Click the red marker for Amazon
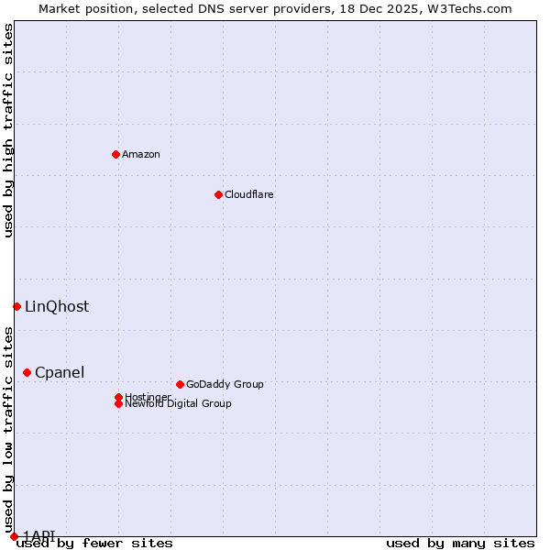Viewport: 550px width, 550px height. [115, 154]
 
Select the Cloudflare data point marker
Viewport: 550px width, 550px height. [218, 194]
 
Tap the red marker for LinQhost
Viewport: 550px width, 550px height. [16, 306]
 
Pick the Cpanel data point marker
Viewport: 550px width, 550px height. [27, 372]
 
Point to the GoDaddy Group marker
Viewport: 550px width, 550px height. [180, 384]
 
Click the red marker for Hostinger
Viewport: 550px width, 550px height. [118, 397]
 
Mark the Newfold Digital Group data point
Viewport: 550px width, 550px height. [118, 403]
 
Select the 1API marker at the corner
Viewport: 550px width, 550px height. [14, 536]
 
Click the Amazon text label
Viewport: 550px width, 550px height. [140, 154]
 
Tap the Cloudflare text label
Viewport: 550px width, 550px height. [248, 194]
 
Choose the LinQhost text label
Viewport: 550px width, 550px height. [57, 307]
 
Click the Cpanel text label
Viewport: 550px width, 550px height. [60, 372]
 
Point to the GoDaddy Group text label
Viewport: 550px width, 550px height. [225, 384]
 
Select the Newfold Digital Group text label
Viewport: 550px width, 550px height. [178, 404]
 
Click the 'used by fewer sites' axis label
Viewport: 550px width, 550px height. [94, 544]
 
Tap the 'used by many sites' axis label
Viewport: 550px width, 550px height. [460, 544]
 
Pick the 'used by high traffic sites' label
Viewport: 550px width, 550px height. [9, 130]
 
